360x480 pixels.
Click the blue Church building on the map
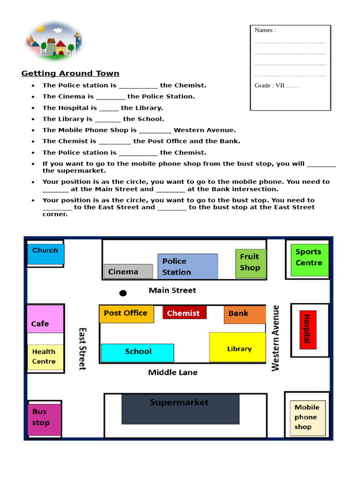(45, 254)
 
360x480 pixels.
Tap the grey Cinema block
(128, 271)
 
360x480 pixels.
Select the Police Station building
(187, 266)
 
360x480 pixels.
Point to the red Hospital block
(308, 329)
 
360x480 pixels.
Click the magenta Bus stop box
(44, 418)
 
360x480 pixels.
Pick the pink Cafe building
(45, 319)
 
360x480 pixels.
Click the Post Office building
(126, 314)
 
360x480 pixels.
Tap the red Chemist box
(184, 313)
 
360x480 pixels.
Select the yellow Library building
(237, 347)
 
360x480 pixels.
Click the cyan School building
(137, 352)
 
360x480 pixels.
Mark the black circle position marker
(123, 293)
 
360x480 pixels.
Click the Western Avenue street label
(276, 338)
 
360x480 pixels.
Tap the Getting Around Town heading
(70, 73)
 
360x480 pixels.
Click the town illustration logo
(53, 41)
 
